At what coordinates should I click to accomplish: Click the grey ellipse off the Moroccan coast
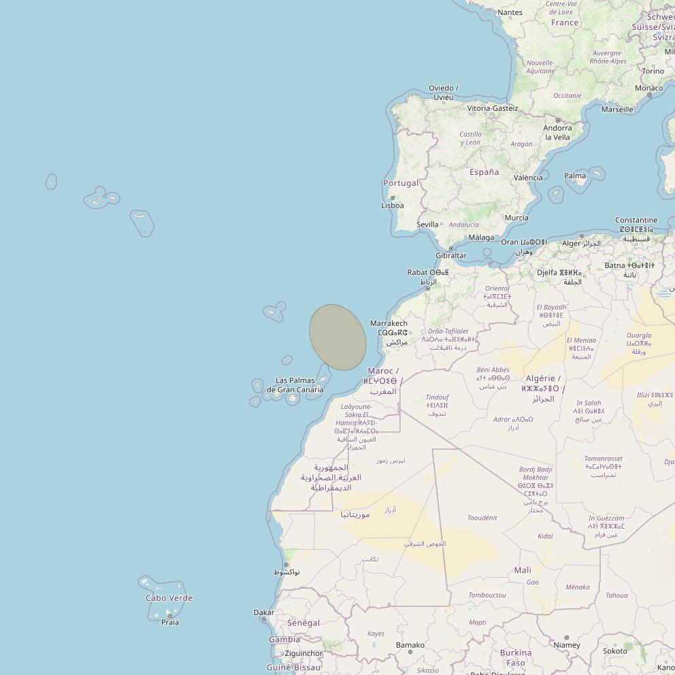[x=337, y=337]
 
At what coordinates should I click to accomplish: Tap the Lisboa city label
[x=393, y=205]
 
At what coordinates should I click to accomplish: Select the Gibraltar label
[x=451, y=256]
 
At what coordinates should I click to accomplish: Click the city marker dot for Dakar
[x=264, y=619]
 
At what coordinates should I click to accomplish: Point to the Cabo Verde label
[x=169, y=598]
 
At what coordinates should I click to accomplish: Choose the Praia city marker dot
[x=169, y=615]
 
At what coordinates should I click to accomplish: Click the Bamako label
[x=410, y=644]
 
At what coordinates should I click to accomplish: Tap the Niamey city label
[x=567, y=645]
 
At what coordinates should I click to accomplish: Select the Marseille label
[x=617, y=109]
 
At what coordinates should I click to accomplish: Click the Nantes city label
[x=510, y=12]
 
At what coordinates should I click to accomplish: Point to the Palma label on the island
[x=575, y=176]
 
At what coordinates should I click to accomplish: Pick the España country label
[x=484, y=172]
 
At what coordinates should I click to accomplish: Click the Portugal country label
[x=401, y=183]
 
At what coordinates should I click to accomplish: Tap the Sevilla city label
[x=427, y=225]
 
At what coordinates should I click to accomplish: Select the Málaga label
[x=482, y=237]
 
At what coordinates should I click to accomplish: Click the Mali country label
[x=523, y=570]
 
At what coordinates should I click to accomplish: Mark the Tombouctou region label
[x=487, y=595]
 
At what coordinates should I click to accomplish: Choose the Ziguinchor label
[x=303, y=653]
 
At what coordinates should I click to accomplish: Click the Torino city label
[x=653, y=71]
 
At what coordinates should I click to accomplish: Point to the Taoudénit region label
[x=482, y=518]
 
